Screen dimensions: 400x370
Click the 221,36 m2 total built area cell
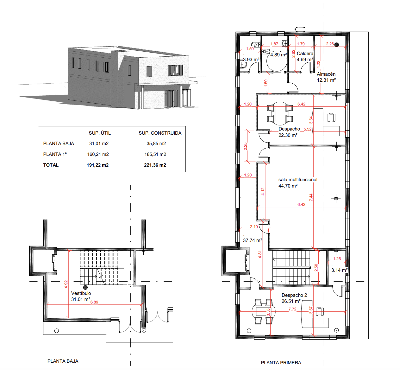click(155, 165)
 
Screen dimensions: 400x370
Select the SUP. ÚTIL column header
click(100, 133)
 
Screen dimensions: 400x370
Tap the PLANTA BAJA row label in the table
click(59, 144)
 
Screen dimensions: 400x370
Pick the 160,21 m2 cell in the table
click(98, 154)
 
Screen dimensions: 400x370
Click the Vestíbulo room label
click(81, 293)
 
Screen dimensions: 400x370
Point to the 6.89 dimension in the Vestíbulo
click(94, 302)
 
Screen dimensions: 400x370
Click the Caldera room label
click(305, 54)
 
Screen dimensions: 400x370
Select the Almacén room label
click(326, 74)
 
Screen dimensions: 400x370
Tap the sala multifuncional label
click(298, 179)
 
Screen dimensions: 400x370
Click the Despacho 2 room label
click(294, 295)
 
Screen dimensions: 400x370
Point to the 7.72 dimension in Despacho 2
click(292, 309)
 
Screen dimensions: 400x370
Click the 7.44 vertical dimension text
click(311, 197)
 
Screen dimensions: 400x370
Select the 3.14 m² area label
click(339, 270)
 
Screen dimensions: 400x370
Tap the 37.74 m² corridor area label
click(252, 240)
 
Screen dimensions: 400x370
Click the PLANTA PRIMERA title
click(281, 363)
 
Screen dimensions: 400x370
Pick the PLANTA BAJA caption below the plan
click(63, 361)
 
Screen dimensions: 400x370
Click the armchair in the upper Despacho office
click(331, 118)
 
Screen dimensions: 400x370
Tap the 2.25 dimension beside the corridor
click(245, 146)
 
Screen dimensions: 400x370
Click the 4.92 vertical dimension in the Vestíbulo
click(66, 284)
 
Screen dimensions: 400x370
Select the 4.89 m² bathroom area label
click(278, 54)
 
